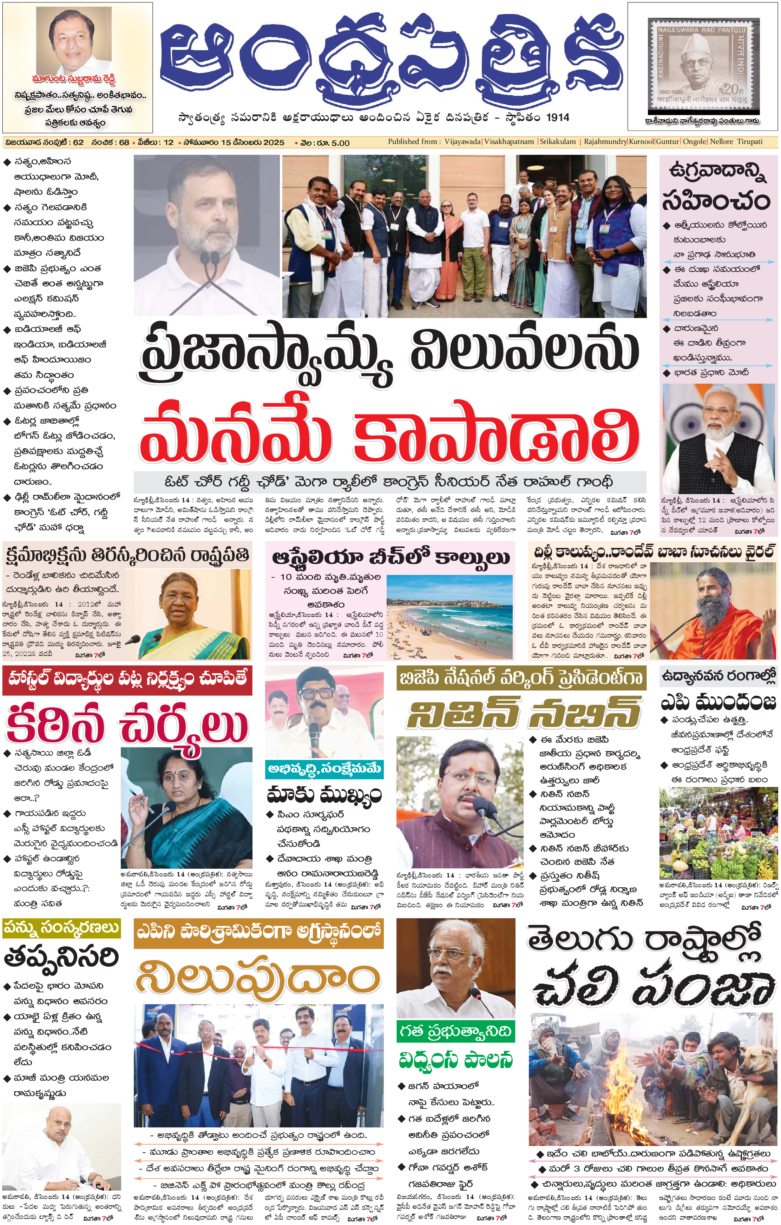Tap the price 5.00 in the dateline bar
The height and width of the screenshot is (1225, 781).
pyautogui.click(x=340, y=143)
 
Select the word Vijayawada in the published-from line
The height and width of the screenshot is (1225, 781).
pyautogui.click(x=462, y=142)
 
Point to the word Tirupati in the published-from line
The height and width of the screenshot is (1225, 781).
pyautogui.click(x=749, y=142)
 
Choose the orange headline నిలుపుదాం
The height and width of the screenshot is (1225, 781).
pyautogui.click(x=258, y=978)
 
